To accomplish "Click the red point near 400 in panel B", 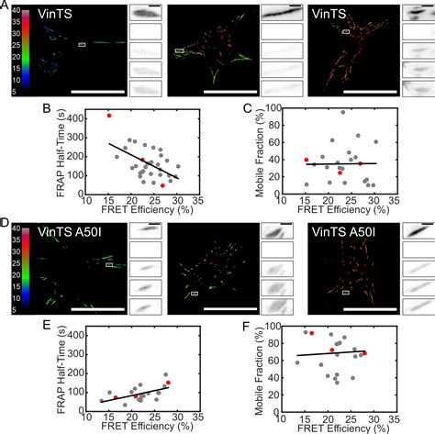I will click(108, 116).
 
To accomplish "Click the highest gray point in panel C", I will click(342, 113).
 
